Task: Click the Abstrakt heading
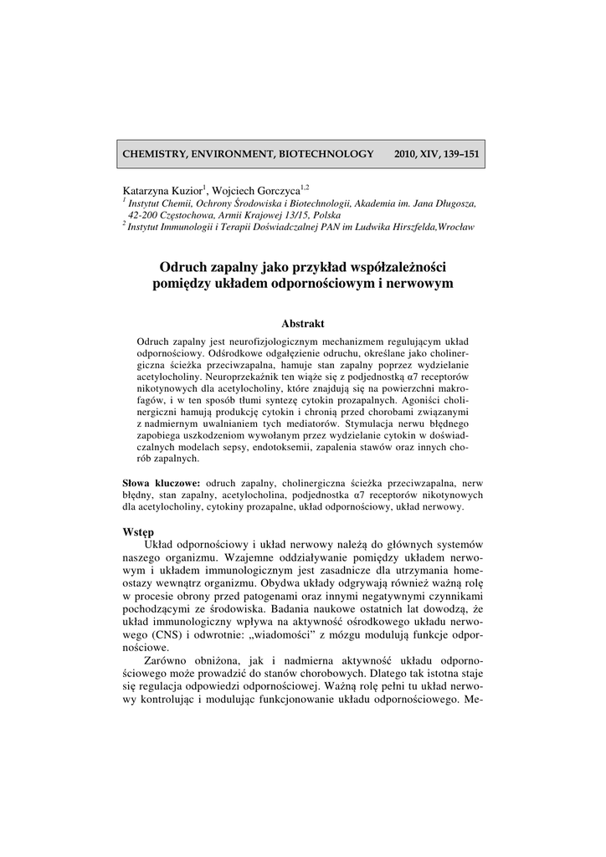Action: pos(302,323)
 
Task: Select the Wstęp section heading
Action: pos(138,531)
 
